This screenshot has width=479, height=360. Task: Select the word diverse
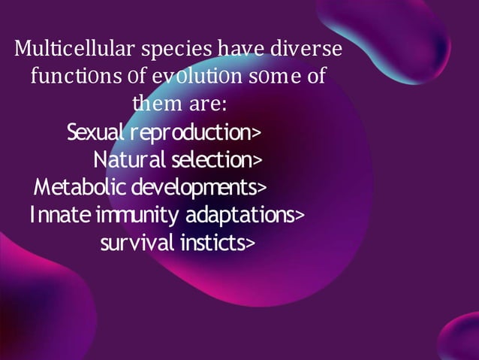click(x=305, y=51)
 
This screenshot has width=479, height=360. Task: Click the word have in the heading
click(x=236, y=51)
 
